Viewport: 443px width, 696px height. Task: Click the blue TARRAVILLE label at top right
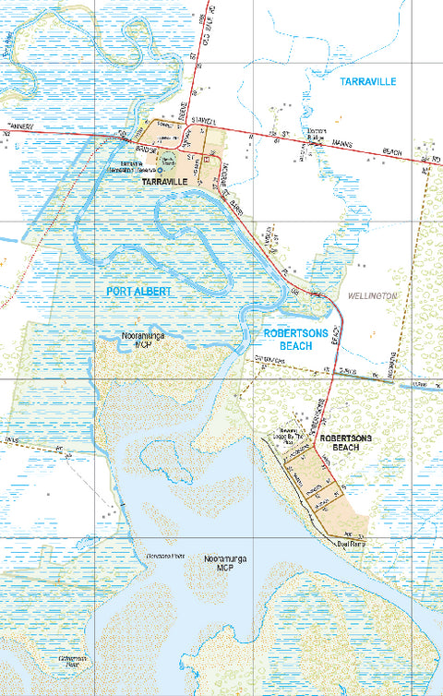click(367, 82)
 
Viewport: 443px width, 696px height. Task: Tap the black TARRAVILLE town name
click(165, 183)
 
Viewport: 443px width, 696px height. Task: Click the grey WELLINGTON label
click(373, 296)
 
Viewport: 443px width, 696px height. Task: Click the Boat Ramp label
click(350, 544)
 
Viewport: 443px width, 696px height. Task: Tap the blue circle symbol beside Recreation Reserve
click(158, 171)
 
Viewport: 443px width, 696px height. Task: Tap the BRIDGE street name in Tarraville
click(149, 148)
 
